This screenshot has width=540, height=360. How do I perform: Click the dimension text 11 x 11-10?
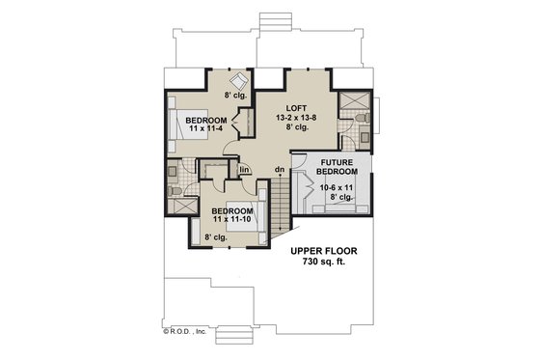[233, 221]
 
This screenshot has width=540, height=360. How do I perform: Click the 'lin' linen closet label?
[245, 171]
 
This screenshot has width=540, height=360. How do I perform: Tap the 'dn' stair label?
[279, 172]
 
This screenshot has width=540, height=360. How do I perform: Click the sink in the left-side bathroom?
[175, 170]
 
